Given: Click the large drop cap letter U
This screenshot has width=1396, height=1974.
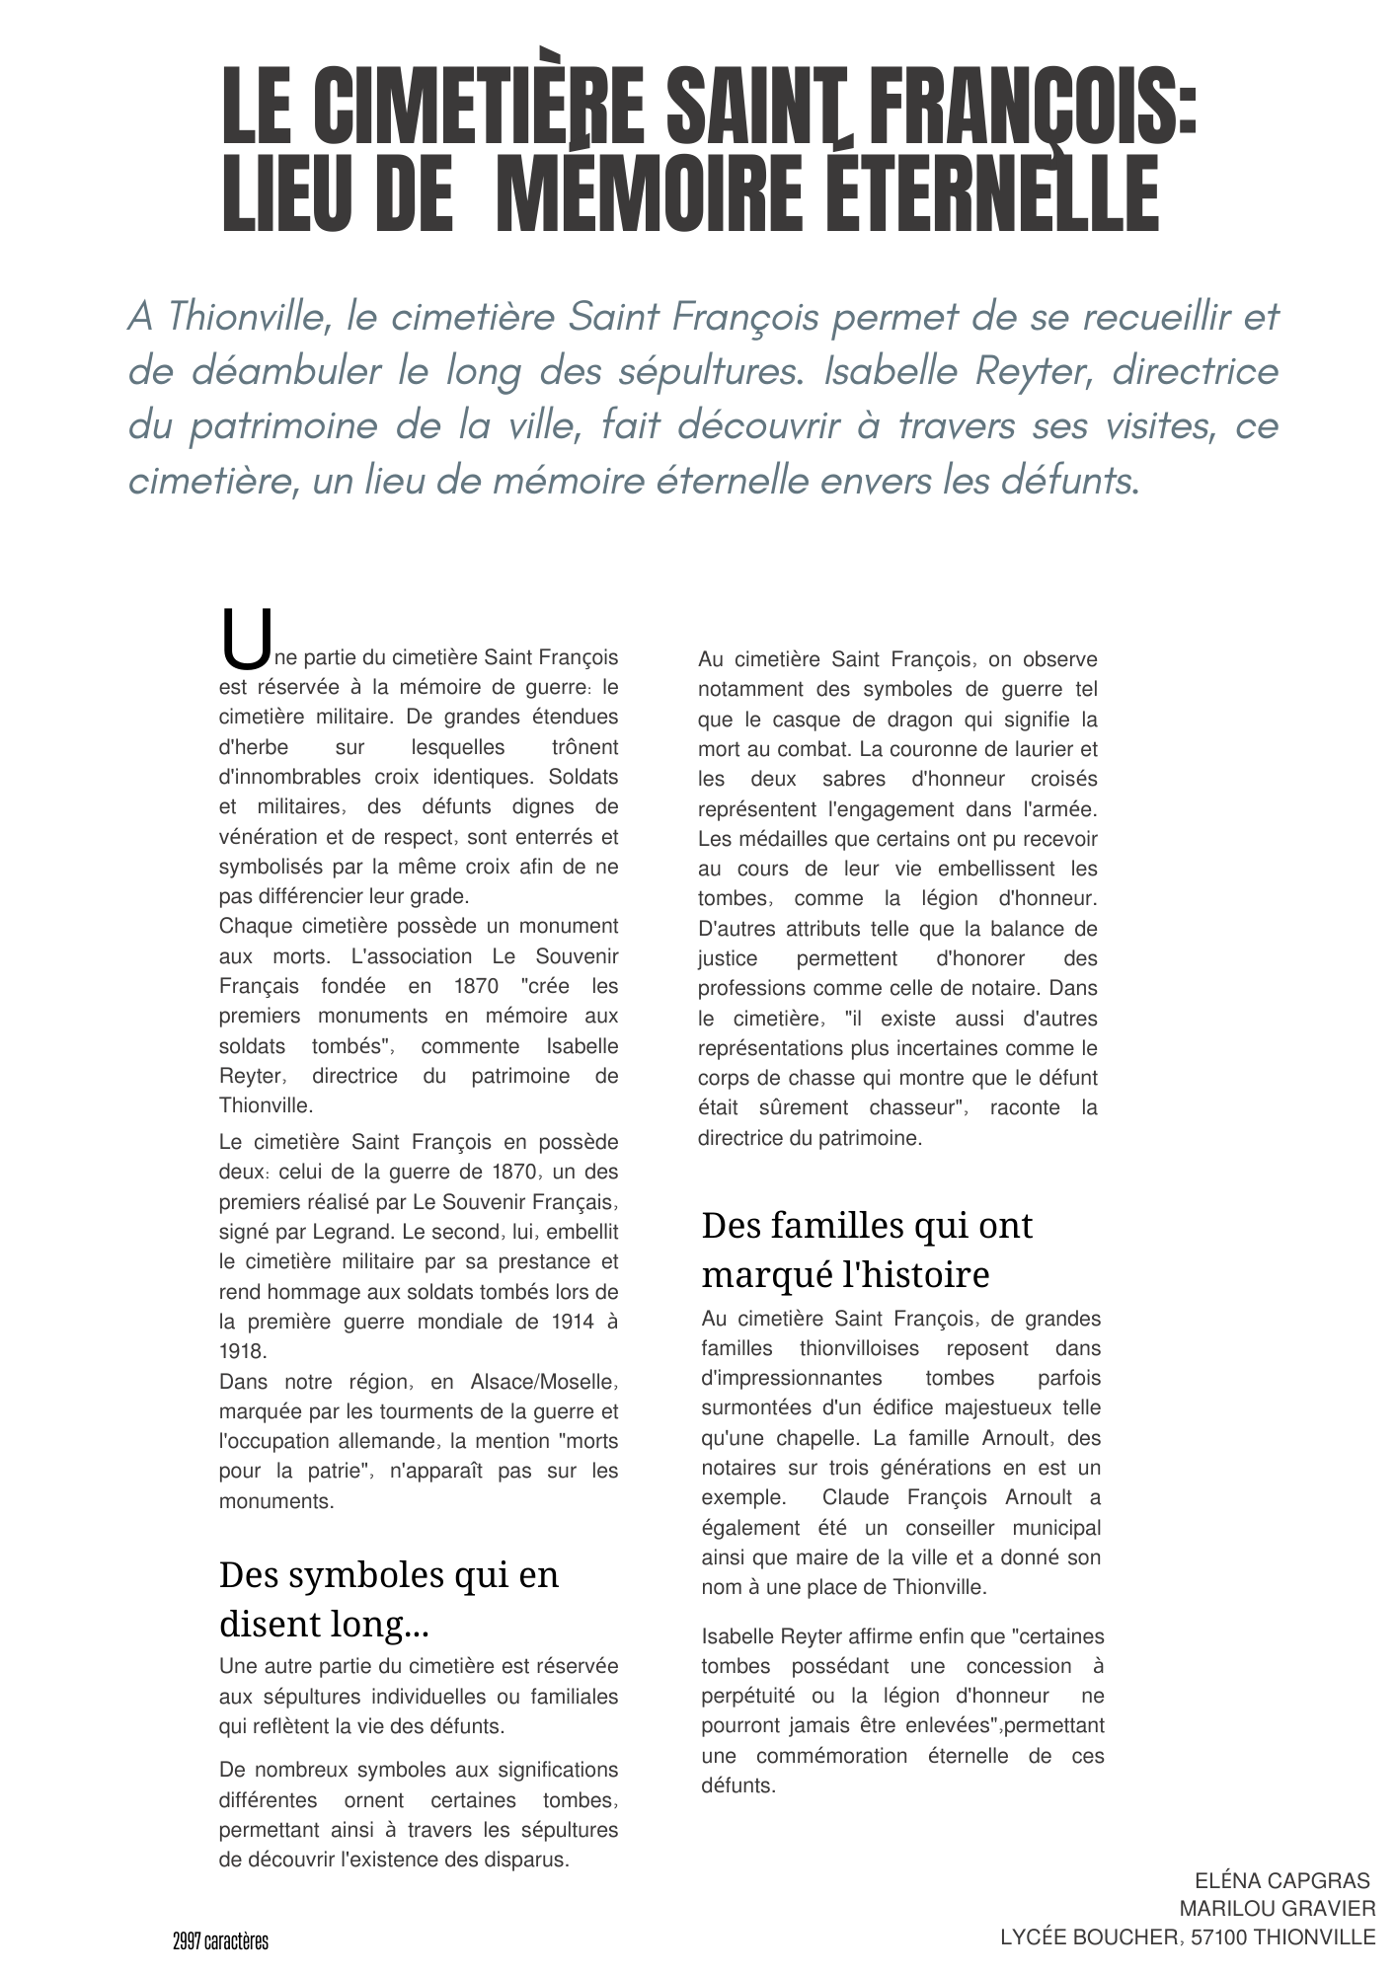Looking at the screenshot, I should coord(244,639).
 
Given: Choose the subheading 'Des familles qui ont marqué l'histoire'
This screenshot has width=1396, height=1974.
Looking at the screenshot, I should coord(867,1250).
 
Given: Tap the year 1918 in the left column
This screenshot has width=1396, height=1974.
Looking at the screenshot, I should coord(242,1351).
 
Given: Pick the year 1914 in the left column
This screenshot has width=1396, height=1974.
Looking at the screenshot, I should coord(567,1322).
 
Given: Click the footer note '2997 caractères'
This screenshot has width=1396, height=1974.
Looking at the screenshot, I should coord(220,1940).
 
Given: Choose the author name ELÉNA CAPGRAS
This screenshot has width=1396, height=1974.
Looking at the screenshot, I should coord(1282,1879).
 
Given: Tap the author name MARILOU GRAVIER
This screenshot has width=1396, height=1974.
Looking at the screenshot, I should coord(1277,1908).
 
